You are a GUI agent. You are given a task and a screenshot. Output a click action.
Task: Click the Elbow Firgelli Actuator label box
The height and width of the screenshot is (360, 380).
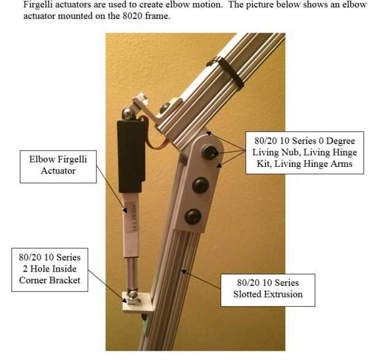pyautogui.click(x=58, y=167)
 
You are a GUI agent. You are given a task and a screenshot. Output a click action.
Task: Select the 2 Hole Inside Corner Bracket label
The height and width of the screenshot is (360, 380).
pyautogui.click(x=50, y=270)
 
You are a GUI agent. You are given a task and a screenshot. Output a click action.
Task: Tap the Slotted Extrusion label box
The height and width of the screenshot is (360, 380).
pyautogui.click(x=268, y=290)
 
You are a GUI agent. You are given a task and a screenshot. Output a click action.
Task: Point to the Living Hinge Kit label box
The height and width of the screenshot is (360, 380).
pyautogui.click(x=305, y=153)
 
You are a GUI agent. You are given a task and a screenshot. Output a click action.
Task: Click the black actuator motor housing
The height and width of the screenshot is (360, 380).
pyautogui.click(x=132, y=156)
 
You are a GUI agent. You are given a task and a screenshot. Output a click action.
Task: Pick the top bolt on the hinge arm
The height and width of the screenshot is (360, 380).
pyautogui.click(x=209, y=152)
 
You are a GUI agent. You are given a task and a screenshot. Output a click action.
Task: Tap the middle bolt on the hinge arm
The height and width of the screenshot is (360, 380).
pyautogui.click(x=200, y=185)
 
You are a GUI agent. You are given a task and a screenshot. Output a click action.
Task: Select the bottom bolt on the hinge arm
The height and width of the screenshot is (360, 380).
pyautogui.click(x=193, y=216)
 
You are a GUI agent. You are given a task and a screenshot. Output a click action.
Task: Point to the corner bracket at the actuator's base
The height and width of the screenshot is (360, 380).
pyautogui.click(x=138, y=302)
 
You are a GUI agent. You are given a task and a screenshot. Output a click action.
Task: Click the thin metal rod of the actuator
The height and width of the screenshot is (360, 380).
pyautogui.click(x=132, y=273)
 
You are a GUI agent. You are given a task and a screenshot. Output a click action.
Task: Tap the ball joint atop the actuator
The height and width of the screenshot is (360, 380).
pyautogui.click(x=129, y=113)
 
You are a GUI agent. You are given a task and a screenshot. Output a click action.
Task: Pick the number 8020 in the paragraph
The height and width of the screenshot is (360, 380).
pyautogui.click(x=132, y=16)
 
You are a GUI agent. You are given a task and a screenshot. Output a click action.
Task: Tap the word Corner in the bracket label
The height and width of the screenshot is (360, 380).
pyautogui.click(x=34, y=280)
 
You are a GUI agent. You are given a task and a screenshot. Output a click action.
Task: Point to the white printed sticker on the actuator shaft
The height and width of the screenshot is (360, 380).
pyautogui.click(x=132, y=218)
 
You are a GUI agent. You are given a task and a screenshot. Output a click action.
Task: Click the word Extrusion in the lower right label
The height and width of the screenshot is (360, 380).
pyautogui.click(x=283, y=294)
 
